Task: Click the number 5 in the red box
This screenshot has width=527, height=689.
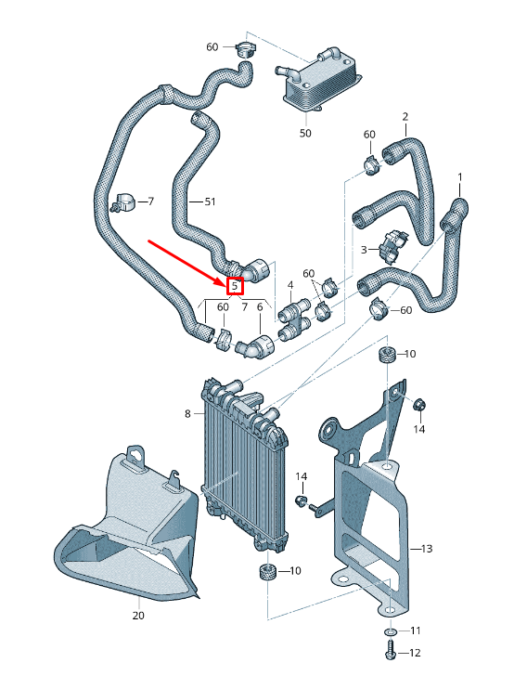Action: click(x=235, y=286)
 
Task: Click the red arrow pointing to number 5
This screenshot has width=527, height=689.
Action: click(x=187, y=263)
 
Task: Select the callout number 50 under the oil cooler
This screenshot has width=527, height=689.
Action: click(x=305, y=133)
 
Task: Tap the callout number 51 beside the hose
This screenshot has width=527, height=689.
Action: click(x=211, y=201)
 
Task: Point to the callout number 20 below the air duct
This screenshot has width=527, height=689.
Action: click(x=138, y=616)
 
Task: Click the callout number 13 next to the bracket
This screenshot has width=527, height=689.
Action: click(x=427, y=549)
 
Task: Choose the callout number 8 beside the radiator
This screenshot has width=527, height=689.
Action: click(x=188, y=413)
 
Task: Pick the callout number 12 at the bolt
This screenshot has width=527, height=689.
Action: click(x=414, y=653)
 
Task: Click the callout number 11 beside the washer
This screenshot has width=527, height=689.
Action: click(x=416, y=630)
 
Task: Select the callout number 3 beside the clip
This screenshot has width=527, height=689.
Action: click(x=364, y=250)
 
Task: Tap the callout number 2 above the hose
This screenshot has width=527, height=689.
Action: click(x=405, y=116)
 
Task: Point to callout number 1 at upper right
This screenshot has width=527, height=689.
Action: click(x=460, y=177)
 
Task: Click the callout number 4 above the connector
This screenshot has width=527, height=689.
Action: click(x=290, y=286)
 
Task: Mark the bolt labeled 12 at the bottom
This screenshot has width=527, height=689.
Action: click(x=390, y=652)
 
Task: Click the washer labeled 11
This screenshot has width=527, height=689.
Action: click(x=391, y=631)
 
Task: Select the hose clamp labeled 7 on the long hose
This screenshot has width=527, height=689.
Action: click(x=123, y=202)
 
